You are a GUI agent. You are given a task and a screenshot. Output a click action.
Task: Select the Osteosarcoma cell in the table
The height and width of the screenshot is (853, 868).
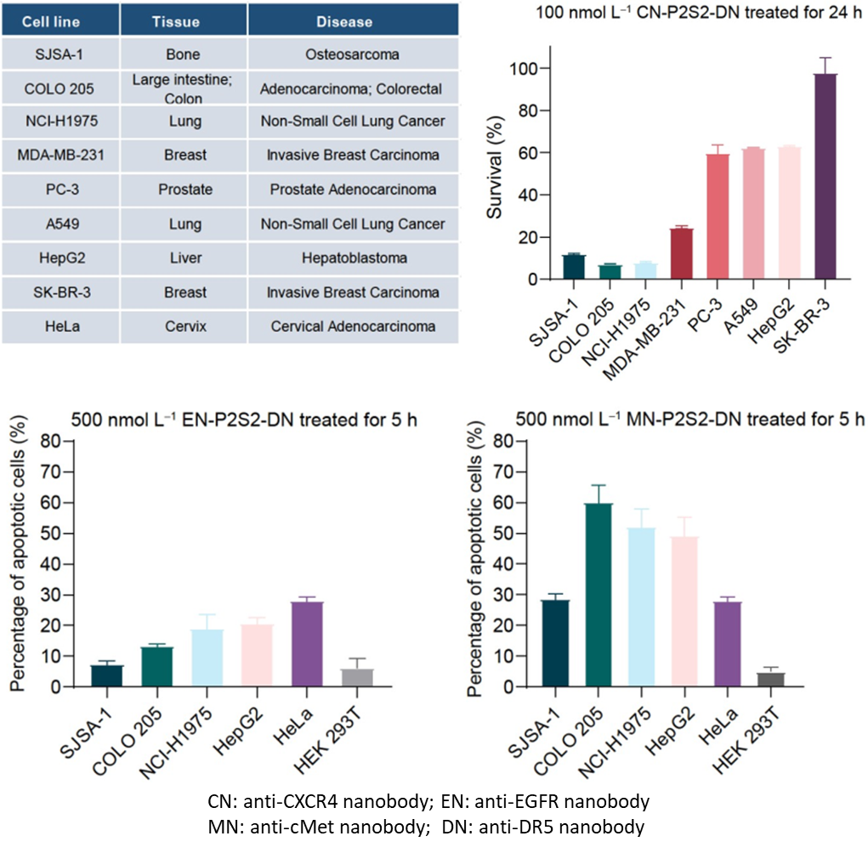tap(353, 55)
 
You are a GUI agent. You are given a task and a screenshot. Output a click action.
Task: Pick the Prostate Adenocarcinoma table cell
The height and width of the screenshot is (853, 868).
tap(353, 189)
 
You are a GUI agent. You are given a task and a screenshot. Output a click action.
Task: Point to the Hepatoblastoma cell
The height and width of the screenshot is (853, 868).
tap(353, 258)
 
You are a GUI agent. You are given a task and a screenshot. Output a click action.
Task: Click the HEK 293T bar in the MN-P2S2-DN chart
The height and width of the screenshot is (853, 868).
tap(770, 680)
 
